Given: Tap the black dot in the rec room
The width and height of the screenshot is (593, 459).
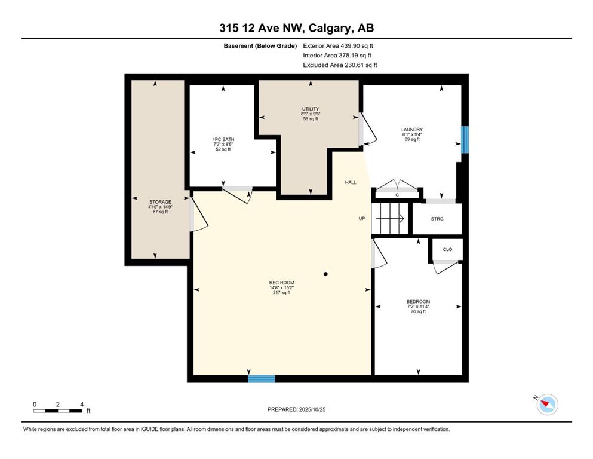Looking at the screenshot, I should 325,274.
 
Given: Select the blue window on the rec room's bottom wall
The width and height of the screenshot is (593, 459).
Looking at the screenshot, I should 262,378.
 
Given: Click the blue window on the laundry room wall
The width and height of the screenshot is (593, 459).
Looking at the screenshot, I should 465,139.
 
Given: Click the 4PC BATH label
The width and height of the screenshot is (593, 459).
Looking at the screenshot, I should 223,140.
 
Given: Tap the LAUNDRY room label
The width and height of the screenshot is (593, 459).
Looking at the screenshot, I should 411,130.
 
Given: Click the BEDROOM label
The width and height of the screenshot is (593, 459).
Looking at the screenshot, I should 417,302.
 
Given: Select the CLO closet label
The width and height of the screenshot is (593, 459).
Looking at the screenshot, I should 447,250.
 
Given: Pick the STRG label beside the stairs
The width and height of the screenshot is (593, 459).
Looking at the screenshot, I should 437,219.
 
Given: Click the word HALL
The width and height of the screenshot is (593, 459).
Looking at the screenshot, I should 351,182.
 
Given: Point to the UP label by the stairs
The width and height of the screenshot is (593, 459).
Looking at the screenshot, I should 361,219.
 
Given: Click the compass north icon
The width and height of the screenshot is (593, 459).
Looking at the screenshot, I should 546,405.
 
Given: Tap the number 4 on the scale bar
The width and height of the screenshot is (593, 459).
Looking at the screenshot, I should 81,404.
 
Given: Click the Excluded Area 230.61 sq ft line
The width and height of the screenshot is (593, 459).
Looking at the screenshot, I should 340,65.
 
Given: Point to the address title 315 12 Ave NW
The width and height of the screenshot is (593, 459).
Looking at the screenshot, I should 296,27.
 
